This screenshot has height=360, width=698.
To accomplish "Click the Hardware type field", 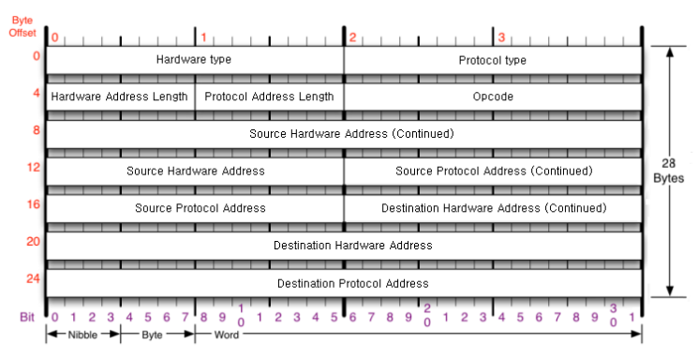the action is click(x=195, y=60).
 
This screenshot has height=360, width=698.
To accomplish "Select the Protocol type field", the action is click(x=493, y=60).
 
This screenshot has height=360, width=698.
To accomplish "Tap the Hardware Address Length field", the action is click(x=120, y=97).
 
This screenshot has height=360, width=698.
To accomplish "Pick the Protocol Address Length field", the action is click(x=269, y=97).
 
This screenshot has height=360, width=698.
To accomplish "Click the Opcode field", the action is click(x=493, y=97).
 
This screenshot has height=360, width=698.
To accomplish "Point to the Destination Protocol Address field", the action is click(x=344, y=283).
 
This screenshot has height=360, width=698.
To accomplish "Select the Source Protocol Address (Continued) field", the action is click(x=493, y=172).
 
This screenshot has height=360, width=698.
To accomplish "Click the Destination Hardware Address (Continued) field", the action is click(x=493, y=208).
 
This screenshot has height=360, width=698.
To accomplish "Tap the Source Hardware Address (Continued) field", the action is click(x=344, y=134).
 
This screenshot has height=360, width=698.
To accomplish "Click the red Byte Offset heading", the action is click(x=22, y=26).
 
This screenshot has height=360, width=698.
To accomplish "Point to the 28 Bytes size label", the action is click(x=668, y=171).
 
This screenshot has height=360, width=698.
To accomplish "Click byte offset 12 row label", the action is click(x=34, y=167).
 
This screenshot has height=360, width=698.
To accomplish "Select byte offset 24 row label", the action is click(x=33, y=278).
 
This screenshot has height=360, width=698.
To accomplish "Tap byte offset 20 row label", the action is click(x=33, y=242).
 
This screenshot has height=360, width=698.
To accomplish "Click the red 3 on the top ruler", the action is click(x=501, y=37).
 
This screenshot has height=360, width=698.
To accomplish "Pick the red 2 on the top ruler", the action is click(x=352, y=37).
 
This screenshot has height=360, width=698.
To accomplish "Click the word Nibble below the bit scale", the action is click(x=82, y=335).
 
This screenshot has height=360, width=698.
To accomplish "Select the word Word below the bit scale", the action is click(x=227, y=335).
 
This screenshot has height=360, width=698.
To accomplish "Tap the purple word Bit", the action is click(x=27, y=317).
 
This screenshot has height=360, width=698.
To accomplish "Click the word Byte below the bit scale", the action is click(x=152, y=335).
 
